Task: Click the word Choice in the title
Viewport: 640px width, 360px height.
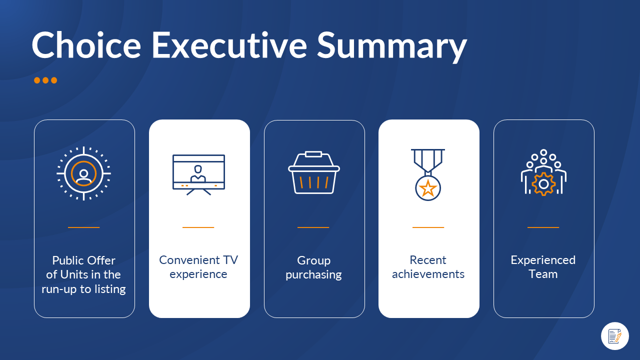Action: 86,45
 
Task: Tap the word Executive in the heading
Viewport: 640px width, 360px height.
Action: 229,45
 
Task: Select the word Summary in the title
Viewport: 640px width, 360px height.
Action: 392,47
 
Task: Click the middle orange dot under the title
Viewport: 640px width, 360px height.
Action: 45,80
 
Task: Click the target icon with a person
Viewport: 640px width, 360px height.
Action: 83,173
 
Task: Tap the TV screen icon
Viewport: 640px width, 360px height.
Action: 198,175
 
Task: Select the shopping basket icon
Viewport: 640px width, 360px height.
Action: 314,172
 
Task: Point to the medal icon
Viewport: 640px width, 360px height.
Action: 428,174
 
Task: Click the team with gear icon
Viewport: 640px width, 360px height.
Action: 543,172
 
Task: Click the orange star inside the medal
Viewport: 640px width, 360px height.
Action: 428,188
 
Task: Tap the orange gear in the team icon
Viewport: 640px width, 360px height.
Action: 543,184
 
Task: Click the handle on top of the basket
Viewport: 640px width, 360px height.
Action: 313,154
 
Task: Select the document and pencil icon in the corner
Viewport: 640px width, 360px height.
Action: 615,336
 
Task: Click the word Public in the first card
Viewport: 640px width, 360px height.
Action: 68,260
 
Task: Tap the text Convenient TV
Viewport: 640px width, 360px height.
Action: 198,260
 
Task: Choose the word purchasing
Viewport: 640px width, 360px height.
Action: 313,275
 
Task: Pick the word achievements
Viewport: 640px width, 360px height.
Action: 428,274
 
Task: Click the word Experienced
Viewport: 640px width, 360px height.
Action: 543,260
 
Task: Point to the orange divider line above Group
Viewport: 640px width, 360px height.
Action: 313,227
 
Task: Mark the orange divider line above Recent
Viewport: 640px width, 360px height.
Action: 428,227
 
